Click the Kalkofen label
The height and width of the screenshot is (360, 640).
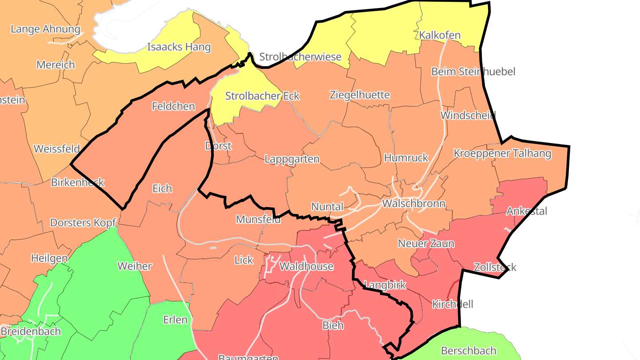[440, 36]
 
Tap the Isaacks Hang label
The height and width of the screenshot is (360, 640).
[179, 47]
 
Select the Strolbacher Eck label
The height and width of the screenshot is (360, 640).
[262, 96]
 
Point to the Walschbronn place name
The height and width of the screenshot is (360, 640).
[413, 204]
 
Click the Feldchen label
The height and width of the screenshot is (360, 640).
[173, 107]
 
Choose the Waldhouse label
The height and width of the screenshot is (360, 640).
[306, 267]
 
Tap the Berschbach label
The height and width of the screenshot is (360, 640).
[468, 351]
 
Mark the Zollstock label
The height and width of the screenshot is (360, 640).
[495, 268]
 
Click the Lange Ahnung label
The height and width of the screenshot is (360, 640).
[45, 30]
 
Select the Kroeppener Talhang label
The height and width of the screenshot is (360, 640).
[502, 154]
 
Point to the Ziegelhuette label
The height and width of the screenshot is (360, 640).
[360, 95]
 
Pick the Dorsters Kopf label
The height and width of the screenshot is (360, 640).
[83, 223]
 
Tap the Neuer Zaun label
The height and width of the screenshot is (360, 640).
[426, 244]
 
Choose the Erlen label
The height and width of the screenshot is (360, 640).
[176, 320]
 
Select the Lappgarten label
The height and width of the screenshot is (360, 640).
[292, 159]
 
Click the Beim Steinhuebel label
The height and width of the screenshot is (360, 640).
[473, 72]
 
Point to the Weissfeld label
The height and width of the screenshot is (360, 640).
[57, 149]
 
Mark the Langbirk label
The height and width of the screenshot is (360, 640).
[385, 285]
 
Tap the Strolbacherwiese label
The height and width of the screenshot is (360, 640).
[300, 57]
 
